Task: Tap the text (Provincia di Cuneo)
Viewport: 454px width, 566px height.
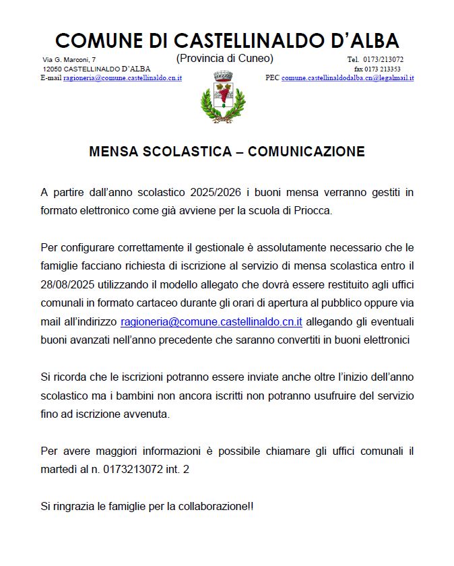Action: point(224,59)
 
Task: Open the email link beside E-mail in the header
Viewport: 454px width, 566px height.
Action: point(122,78)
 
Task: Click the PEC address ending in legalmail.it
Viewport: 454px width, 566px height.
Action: point(348,78)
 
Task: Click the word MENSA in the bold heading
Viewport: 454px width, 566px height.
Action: point(114,152)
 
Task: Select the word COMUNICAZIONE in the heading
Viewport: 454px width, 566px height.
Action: point(306,152)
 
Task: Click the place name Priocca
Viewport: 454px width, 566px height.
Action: point(314,210)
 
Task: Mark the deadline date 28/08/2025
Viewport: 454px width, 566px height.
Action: point(67,286)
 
